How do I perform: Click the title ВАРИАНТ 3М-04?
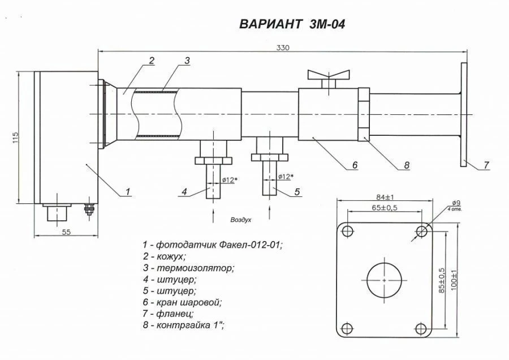pos(292,24)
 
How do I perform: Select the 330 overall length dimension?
pos(283,48)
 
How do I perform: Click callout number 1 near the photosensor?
pos(128,192)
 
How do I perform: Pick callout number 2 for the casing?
pos(152,61)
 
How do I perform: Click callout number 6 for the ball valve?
pos(355,165)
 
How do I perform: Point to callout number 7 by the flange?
pos(486,165)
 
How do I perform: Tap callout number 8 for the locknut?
pos(406,165)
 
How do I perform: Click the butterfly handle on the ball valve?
pos(326,76)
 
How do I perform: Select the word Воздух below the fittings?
pos(240,218)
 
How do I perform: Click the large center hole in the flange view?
pos(384,280)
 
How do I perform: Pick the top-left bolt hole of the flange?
pos(347,231)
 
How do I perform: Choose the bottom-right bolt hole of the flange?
pos(421,329)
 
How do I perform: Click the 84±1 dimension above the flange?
pos(384,197)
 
